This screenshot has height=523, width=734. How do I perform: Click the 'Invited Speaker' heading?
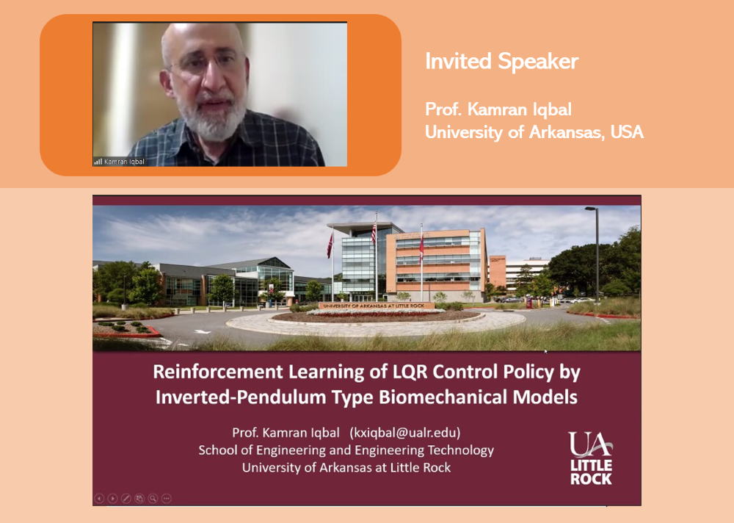coord(501,62)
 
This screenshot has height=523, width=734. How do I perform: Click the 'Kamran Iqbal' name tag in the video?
coord(124,162)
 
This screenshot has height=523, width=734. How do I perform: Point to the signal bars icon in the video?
coord(98,162)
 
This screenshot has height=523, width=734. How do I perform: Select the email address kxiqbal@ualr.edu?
coord(405,433)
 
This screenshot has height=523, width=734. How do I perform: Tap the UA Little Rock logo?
coord(591,458)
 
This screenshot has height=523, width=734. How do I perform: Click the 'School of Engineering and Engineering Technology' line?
coord(346,450)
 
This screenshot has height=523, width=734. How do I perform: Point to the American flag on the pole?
coord(374,233)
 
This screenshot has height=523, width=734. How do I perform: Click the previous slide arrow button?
coord(99,499)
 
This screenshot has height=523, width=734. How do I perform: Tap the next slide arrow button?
coord(112,499)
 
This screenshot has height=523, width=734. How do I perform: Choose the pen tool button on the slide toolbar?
coord(126,499)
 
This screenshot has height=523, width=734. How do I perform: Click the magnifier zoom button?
coord(153,499)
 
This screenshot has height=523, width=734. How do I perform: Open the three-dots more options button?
coord(167,499)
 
